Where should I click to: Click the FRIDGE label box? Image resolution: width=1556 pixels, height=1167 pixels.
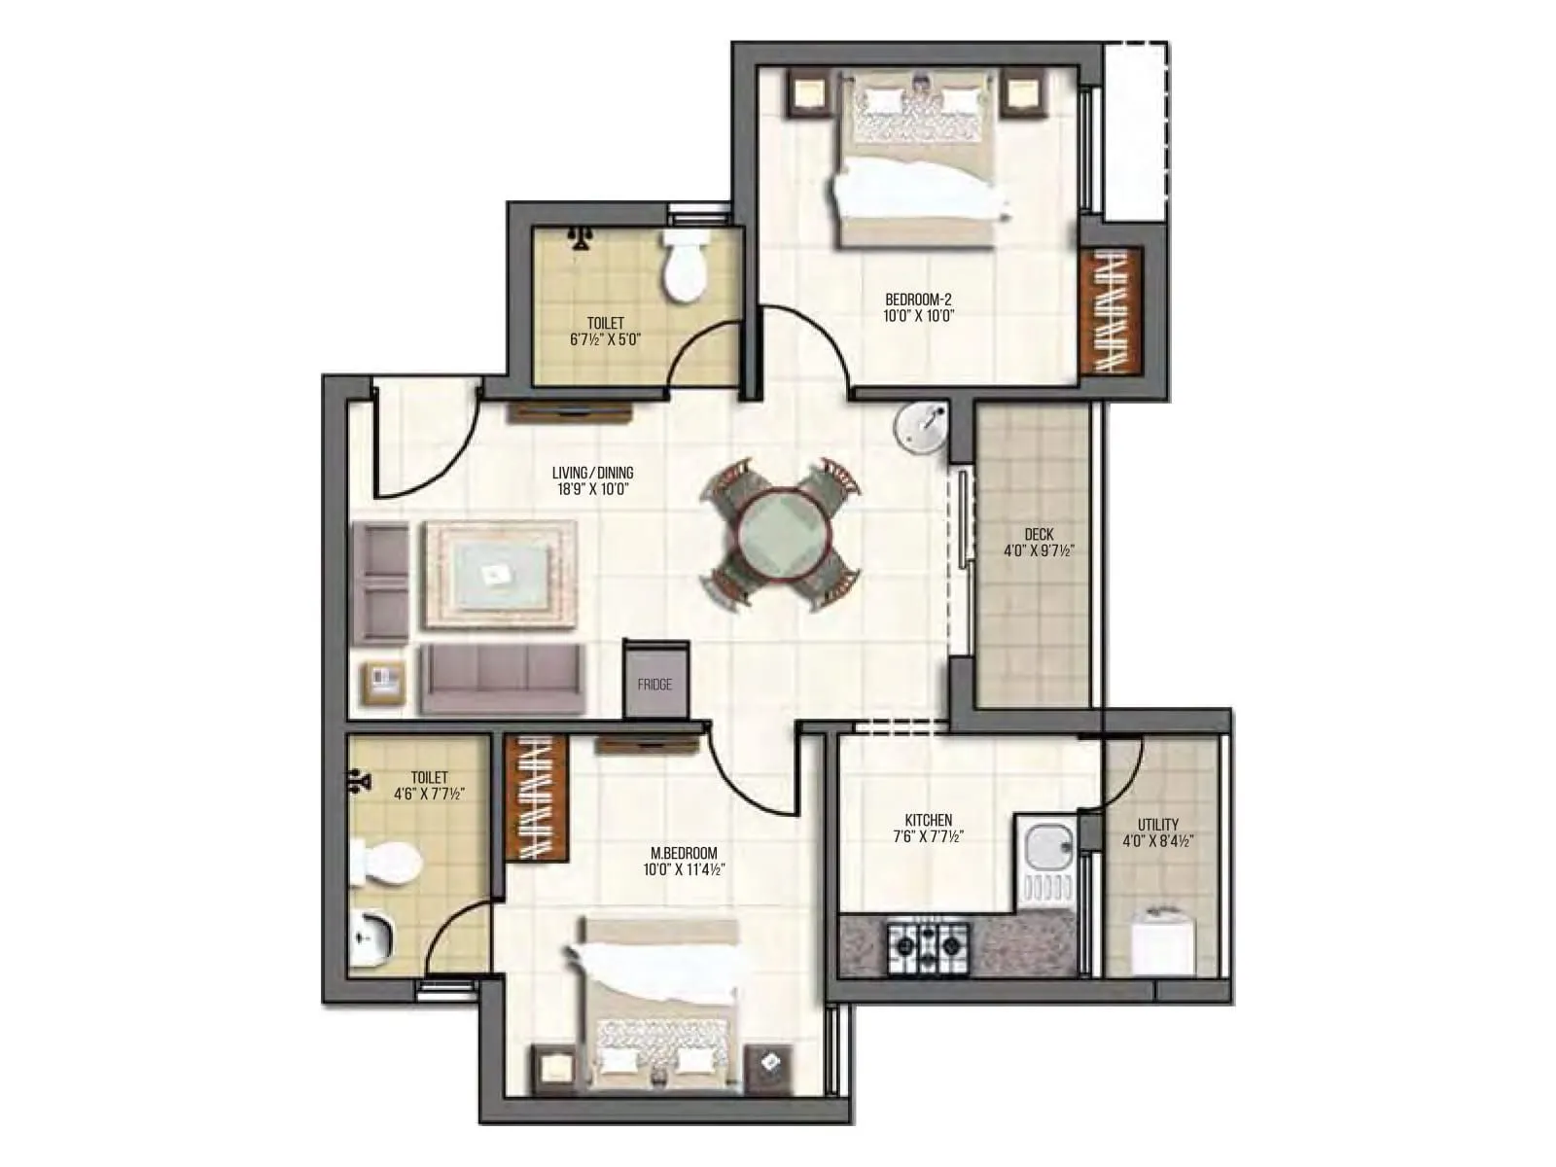654,685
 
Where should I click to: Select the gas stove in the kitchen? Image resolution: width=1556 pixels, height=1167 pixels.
926,942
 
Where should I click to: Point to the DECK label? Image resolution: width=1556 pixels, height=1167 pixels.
1039,534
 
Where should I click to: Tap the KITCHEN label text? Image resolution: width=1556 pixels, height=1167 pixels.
928,820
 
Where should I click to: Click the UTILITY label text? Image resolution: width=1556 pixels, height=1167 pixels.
1157,825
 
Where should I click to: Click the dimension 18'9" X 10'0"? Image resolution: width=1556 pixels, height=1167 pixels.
593,490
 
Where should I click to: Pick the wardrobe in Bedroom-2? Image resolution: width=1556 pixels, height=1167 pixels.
1111,311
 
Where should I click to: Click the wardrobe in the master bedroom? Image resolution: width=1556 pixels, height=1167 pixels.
536,798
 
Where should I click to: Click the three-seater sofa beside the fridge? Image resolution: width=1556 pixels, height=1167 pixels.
501,678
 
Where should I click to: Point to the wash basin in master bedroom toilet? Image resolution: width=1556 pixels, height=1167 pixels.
371,939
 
